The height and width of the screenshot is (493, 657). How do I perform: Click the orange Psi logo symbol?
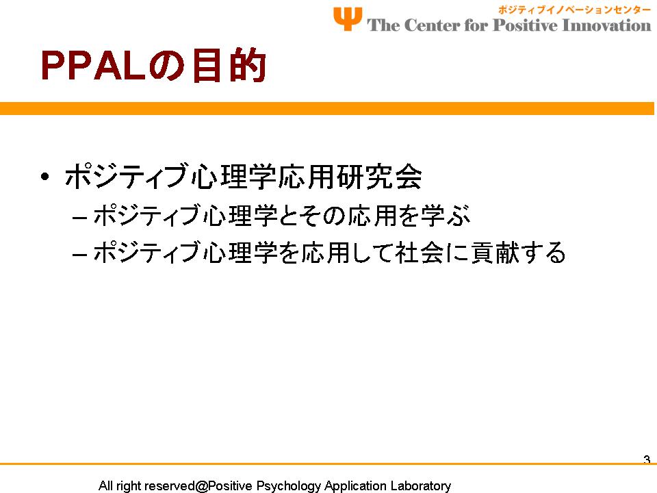point(348,18)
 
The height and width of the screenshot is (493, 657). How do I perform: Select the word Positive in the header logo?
point(525,25)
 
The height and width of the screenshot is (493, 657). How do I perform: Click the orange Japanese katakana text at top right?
point(574,10)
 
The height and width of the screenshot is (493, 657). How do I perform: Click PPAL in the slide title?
point(93,66)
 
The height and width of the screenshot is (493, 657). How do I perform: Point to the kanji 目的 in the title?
point(229,65)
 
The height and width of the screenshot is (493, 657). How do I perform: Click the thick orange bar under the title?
point(327,108)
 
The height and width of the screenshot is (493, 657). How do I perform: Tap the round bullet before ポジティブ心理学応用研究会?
point(45,176)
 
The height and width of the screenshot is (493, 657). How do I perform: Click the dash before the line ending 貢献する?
point(79,255)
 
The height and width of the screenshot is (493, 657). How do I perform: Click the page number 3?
point(647,459)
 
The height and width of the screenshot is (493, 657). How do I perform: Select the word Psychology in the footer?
point(288,486)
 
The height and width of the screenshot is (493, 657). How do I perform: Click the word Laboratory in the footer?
point(421,486)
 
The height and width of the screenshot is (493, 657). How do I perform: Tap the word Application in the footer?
point(355,486)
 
